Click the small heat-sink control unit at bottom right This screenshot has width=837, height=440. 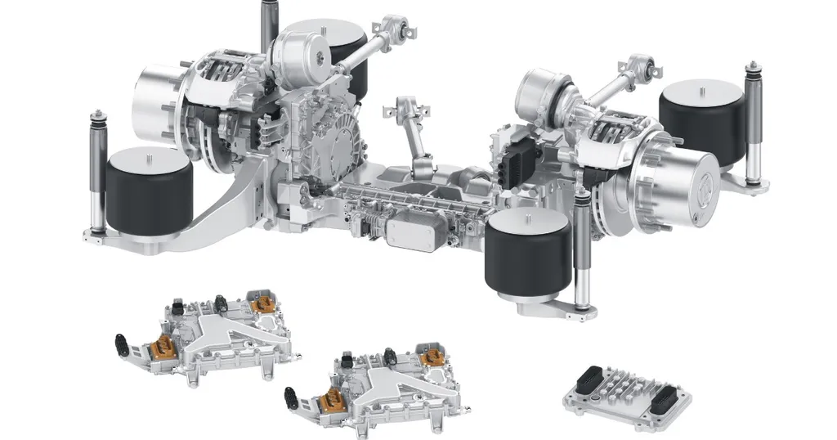click(627, 393)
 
